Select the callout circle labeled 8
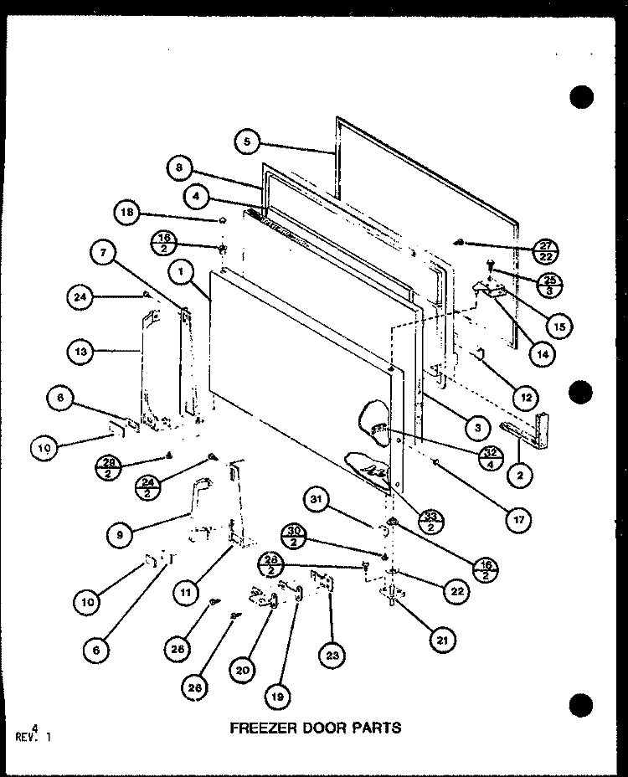[x=178, y=167]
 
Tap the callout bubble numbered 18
[x=128, y=214]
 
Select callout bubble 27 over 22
[x=548, y=249]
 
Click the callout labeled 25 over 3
[x=548, y=284]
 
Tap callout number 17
[x=517, y=518]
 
